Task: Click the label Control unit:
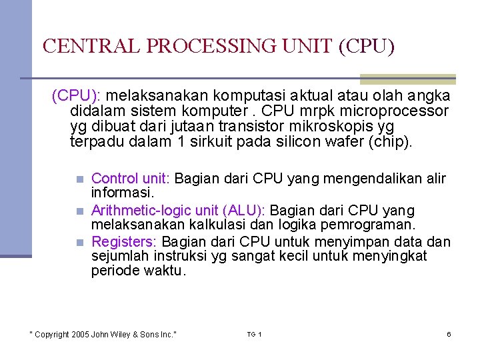tap(131, 179)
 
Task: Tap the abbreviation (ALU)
tap(245, 211)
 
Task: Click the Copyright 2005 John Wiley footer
tap(103, 334)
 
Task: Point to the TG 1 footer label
tap(254, 334)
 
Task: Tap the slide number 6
tap(449, 334)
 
